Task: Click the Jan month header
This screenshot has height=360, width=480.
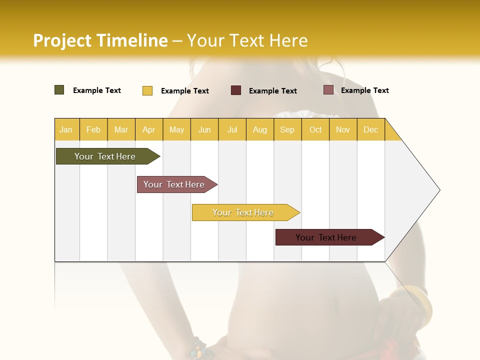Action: click(x=66, y=129)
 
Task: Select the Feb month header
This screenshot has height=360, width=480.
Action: click(x=93, y=129)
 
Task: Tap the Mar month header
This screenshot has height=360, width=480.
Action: click(x=121, y=129)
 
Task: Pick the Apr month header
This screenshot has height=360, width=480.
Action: click(x=149, y=129)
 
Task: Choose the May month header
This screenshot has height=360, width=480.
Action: click(x=176, y=129)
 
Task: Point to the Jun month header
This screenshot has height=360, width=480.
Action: click(x=204, y=129)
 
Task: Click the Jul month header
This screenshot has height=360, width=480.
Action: click(x=232, y=129)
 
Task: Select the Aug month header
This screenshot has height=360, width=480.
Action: click(x=260, y=129)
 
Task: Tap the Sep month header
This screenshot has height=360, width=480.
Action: click(x=287, y=129)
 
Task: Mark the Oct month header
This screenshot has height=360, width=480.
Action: click(x=315, y=129)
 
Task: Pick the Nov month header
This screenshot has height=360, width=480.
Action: click(x=343, y=129)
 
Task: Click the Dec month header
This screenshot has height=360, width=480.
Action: click(x=371, y=129)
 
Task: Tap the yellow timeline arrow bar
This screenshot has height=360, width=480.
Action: click(x=243, y=212)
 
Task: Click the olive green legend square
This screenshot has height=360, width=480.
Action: click(x=59, y=90)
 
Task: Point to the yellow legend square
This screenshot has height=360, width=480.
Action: click(x=147, y=90)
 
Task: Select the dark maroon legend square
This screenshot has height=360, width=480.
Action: click(x=236, y=90)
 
